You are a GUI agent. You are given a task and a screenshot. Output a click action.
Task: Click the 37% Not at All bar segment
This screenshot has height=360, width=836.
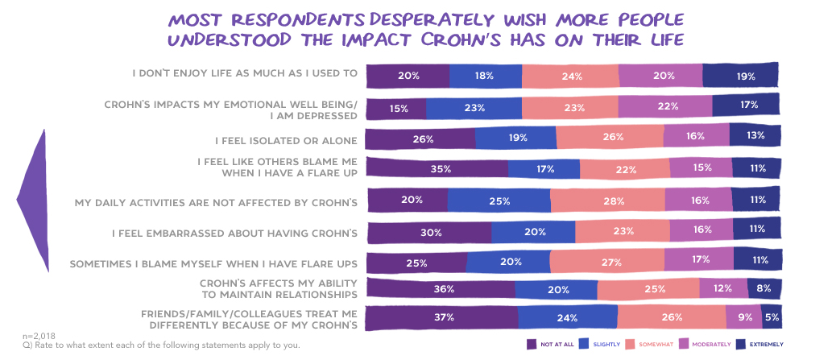point(441,317)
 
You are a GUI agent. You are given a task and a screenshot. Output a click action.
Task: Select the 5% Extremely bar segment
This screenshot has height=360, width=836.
point(772,317)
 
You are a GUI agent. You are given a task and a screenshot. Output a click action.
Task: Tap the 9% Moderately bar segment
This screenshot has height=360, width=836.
point(739,317)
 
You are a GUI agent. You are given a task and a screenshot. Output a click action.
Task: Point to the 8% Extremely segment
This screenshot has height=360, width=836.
point(764,288)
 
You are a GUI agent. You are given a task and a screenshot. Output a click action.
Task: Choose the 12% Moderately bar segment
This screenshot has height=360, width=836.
point(723,288)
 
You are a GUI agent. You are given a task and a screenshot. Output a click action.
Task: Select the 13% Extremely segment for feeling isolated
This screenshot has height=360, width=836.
point(755,136)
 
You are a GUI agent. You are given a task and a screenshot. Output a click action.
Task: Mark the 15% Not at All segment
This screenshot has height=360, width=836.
point(397,108)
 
